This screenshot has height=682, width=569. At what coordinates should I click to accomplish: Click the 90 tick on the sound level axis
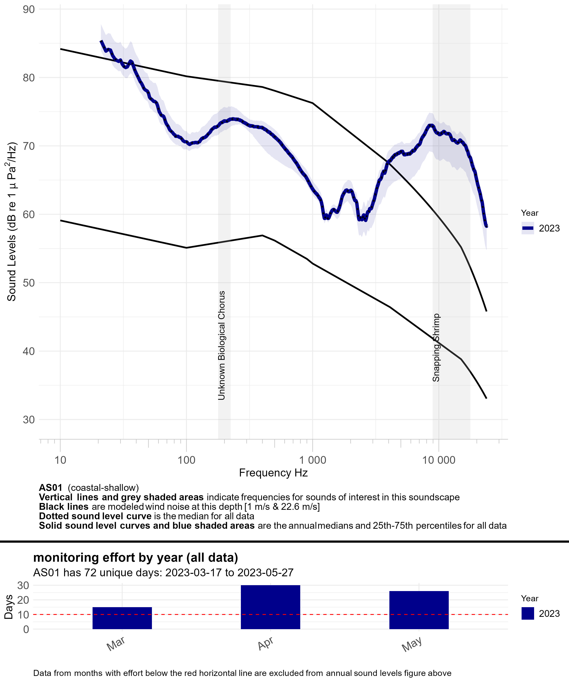[29, 9]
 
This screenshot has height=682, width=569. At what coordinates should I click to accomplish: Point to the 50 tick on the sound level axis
[29, 283]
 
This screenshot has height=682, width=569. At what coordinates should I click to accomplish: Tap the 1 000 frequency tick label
[312, 460]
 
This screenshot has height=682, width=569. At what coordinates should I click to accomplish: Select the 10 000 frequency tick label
[439, 460]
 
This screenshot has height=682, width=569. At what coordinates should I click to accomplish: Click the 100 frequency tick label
[186, 460]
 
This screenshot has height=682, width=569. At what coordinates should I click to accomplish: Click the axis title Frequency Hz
[273, 473]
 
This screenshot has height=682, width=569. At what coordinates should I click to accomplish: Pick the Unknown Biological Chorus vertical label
[221, 345]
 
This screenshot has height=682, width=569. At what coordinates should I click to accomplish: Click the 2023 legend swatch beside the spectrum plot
[528, 228]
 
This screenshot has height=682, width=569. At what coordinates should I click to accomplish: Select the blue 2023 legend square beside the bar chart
[528, 613]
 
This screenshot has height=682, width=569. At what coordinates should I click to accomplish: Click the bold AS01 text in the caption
[50, 488]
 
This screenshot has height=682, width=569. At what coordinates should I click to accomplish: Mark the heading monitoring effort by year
[136, 557]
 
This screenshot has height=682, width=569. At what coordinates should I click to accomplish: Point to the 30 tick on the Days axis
[23, 585]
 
